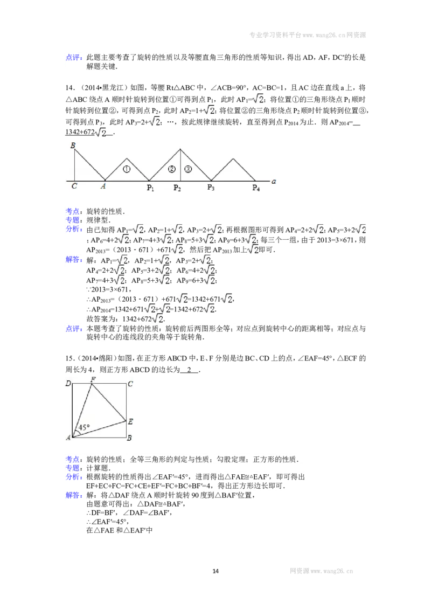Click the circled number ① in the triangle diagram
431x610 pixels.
pyautogui.click(x=127, y=169)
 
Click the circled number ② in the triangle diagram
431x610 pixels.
pyautogui.click(x=171, y=169)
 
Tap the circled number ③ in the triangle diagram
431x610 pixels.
pyautogui.click(x=188, y=169)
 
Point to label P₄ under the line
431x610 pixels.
pyautogui.click(x=256, y=188)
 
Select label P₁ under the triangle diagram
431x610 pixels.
pyautogui.click(x=150, y=188)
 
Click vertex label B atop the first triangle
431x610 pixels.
pyautogui.click(x=73, y=145)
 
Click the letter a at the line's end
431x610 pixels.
pyautogui.click(x=274, y=181)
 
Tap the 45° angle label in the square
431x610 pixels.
pyautogui.click(x=84, y=427)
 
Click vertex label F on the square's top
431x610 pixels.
pyautogui.click(x=93, y=379)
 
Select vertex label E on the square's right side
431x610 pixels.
pyautogui.click(x=131, y=421)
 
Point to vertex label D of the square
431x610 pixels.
pyautogui.click(x=68, y=384)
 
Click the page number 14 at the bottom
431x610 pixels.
pyautogui.click(x=215, y=571)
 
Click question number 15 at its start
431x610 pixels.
pyautogui.click(x=69, y=358)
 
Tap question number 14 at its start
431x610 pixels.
pyautogui.click(x=69, y=87)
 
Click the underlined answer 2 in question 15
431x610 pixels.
pyautogui.click(x=190, y=370)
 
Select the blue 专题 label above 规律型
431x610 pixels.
pyautogui.click(x=74, y=220)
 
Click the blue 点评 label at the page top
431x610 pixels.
pyautogui.click(x=74, y=58)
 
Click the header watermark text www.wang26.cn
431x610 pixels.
pyautogui.click(x=324, y=35)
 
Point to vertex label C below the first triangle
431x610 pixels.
pyautogui.click(x=74, y=186)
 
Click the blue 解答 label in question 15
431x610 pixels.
pyautogui.click(x=74, y=495)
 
